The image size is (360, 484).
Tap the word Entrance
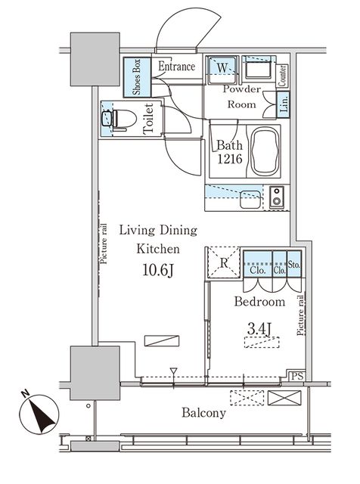[177, 67]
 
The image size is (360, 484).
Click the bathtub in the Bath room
[264, 150]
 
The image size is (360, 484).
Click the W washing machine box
[222, 68]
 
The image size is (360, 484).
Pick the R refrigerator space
[223, 264]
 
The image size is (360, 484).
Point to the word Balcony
[203, 414]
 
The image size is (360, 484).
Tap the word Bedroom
[259, 302]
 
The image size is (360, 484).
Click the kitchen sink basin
[248, 200]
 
